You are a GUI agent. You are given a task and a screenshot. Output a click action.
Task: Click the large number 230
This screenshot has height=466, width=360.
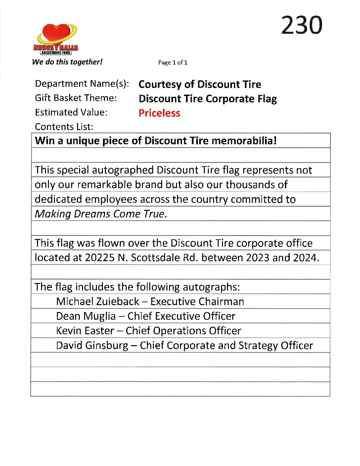coord(301,25)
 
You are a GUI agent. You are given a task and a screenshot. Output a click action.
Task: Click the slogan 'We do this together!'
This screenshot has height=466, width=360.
coord(67,62)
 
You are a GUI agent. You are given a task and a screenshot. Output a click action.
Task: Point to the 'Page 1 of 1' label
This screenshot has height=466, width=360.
coord(173,63)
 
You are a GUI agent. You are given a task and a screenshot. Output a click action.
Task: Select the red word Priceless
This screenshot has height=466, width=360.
coord(159,113)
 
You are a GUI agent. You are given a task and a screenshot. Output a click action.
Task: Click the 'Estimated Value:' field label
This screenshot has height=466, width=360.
coord(71,113)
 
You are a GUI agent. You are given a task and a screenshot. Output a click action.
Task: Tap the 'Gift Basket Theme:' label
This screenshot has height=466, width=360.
coord(76,98)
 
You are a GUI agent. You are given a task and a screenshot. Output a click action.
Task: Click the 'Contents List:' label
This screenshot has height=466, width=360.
coord(64,127)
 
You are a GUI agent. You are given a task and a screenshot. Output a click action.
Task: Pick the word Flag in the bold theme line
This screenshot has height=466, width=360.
coord(267,99)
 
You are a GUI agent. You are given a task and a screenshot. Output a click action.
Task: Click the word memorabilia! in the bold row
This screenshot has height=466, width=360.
coord(244,141)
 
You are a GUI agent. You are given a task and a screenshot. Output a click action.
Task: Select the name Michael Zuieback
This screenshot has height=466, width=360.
coord(98,302)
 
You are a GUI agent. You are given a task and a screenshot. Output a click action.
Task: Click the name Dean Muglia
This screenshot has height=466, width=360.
coord(86,316)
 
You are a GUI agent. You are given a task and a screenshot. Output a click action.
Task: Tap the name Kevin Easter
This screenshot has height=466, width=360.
coord(85,331)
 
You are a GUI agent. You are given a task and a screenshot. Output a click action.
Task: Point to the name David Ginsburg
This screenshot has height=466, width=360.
coord(92,346)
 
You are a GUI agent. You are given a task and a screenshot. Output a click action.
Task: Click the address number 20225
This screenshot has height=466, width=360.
coord(100,257)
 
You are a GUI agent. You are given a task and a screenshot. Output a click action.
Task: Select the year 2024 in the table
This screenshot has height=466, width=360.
coord(305,257)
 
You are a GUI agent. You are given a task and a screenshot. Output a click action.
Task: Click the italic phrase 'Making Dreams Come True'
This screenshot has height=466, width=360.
coord(100,214)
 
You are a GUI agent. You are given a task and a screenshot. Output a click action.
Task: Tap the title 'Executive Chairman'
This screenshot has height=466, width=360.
coord(197,302)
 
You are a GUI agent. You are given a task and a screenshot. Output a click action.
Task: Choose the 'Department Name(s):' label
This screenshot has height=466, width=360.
coord(82,84)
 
